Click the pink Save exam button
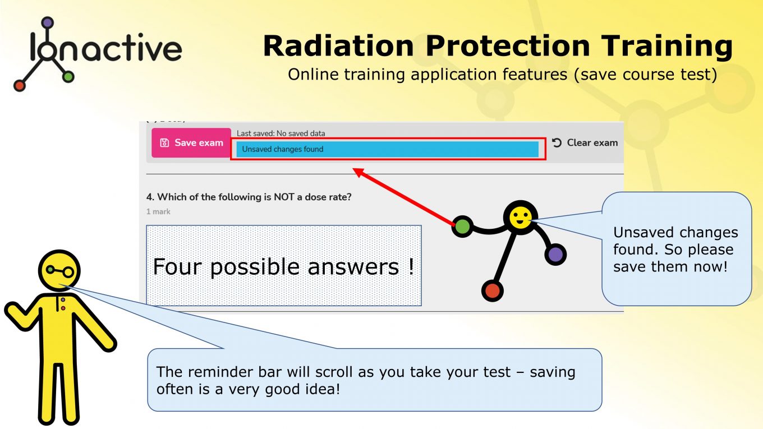pos(191,142)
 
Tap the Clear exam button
pos(585,142)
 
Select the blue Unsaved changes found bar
pos(387,149)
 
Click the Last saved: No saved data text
pos(281,133)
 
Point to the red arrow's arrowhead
pos(358,172)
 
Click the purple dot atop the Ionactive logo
pos(47,23)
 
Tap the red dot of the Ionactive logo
pos(20,85)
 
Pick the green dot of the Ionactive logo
pos(68,77)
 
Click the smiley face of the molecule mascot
pos(520,218)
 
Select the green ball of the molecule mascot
pos(462,227)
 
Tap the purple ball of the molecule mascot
pos(555,255)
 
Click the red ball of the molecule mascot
pos(492,290)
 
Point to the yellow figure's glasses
pos(60,271)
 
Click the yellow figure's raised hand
pos(15,314)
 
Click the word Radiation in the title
pos(339,46)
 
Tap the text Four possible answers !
pos(283,266)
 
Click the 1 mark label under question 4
pos(158,211)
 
